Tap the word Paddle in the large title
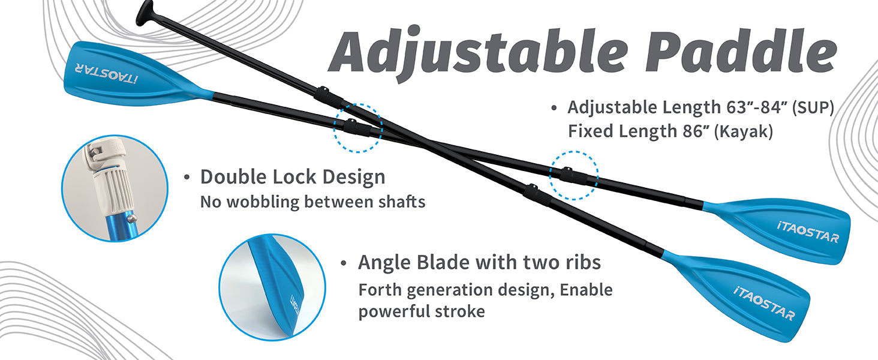(x=741, y=51)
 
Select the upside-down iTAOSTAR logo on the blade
(x=107, y=73)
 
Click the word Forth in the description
(x=380, y=290)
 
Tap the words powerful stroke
(x=422, y=312)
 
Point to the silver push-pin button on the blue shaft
(x=133, y=217)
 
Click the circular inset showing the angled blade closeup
(x=272, y=287)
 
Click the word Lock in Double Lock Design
(x=294, y=177)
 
